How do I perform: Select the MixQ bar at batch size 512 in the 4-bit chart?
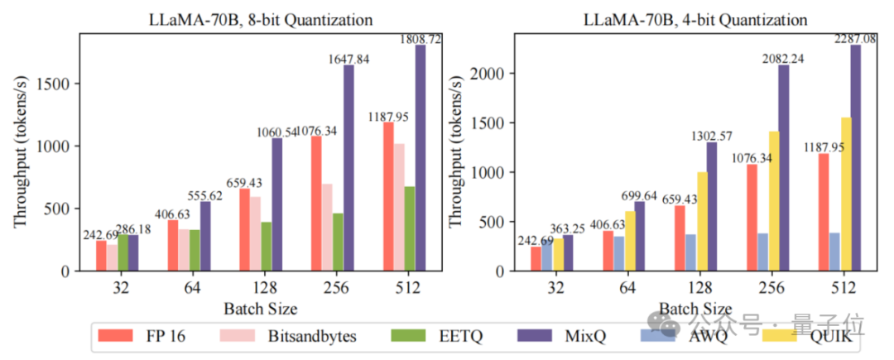pos(855,157)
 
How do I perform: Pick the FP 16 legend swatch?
pos(119,335)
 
